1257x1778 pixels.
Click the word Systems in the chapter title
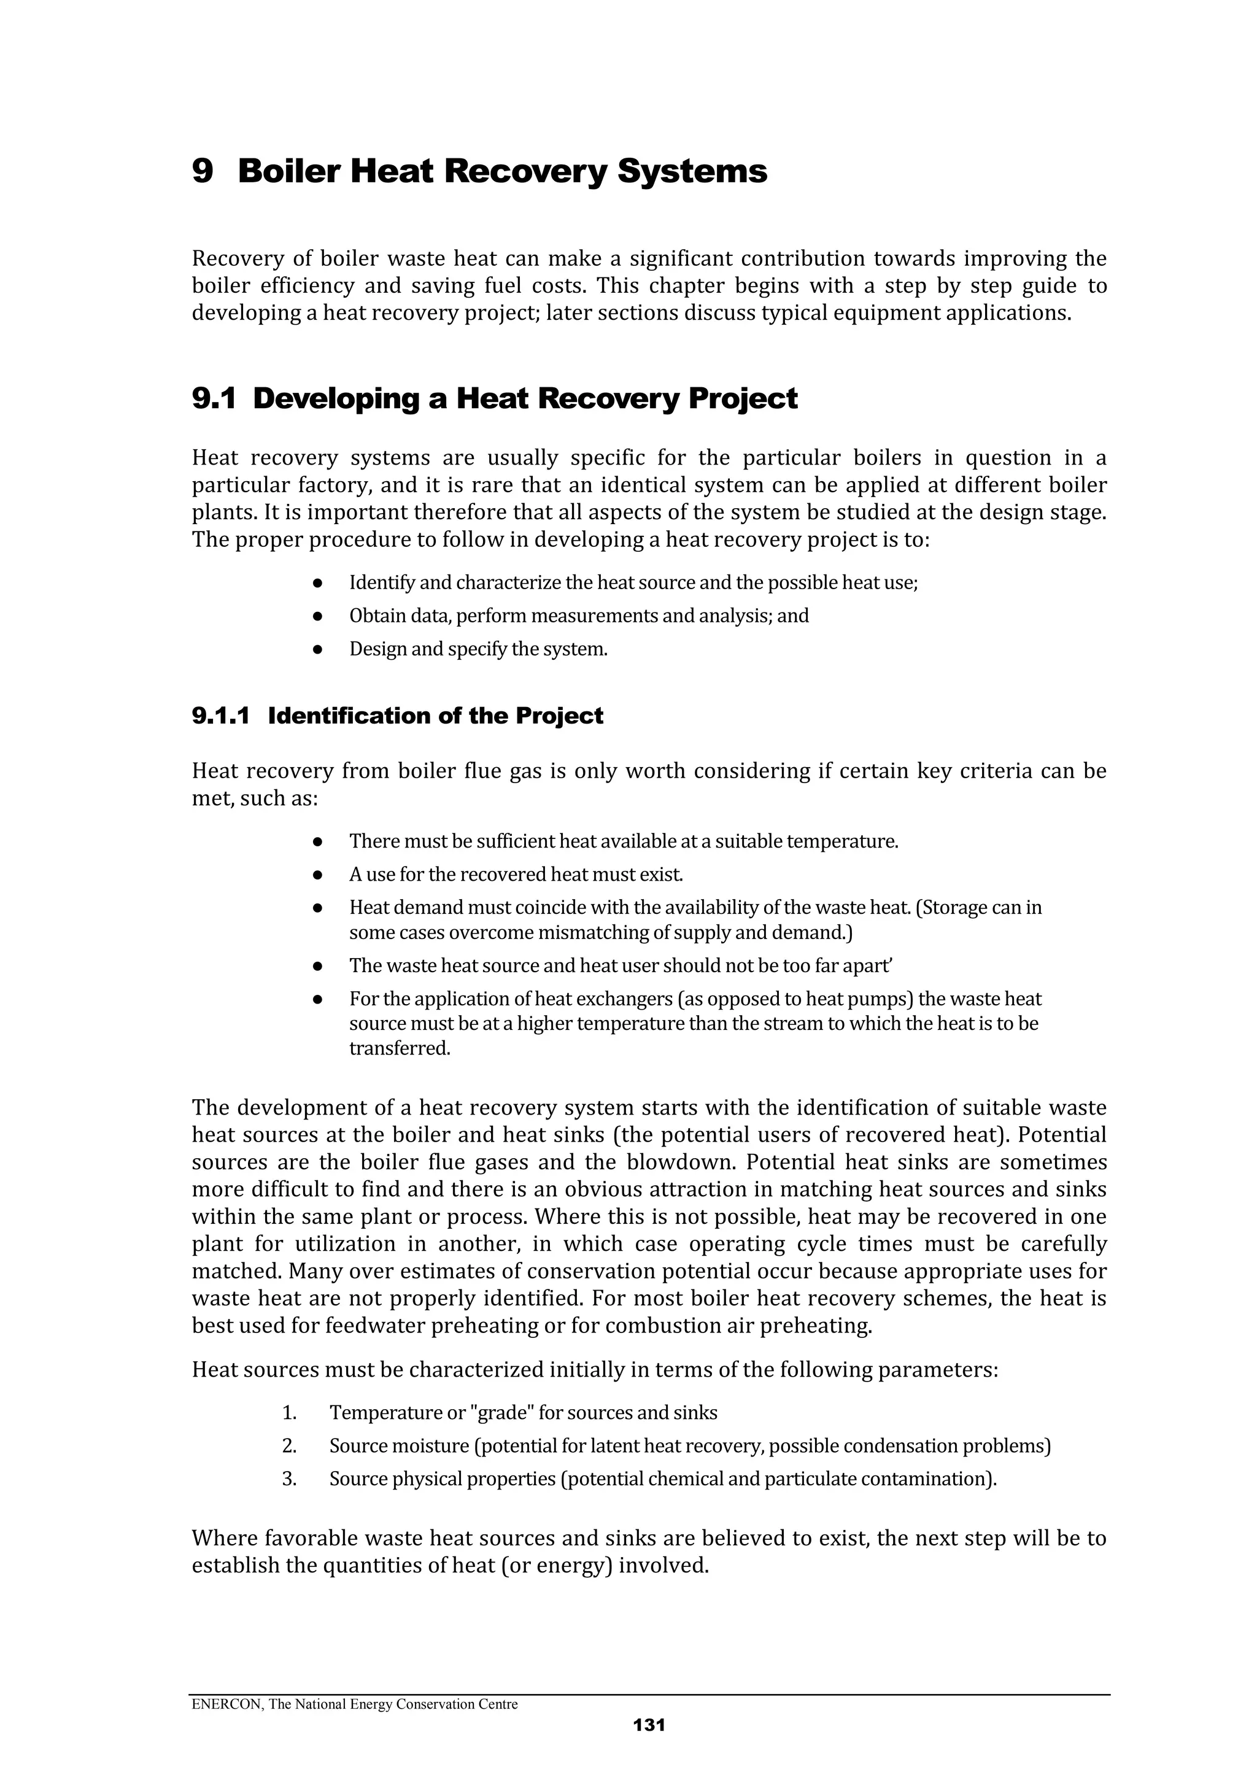[692, 171]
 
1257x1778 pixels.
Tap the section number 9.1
[213, 399]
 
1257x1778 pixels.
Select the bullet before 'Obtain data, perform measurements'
[317, 616]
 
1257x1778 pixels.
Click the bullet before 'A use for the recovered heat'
[317, 875]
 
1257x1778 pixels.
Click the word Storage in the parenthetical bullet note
[953, 907]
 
